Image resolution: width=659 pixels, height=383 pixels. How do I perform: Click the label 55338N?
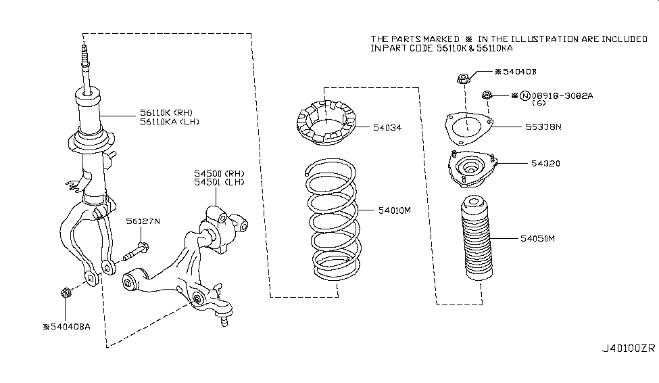pos(538,126)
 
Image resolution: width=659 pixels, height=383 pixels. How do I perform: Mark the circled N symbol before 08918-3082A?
pos(524,96)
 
